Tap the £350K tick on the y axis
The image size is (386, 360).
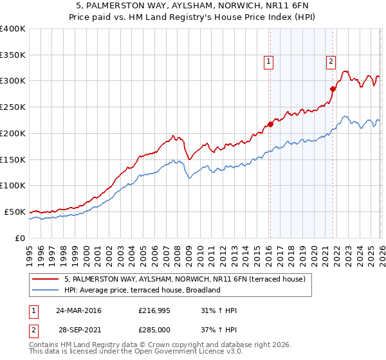tap(13, 55)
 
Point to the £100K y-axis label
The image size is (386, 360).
tap(13, 186)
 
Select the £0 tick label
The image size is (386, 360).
tap(19, 238)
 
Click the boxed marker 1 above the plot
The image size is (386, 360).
tap(268, 62)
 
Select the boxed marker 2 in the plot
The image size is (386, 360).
tap(331, 62)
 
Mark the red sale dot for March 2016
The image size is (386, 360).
tap(270, 125)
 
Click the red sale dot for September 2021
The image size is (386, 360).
tap(333, 89)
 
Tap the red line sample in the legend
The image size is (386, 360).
tap(46, 280)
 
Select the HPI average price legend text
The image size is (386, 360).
tap(142, 290)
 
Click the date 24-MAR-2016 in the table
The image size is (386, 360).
tap(78, 310)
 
